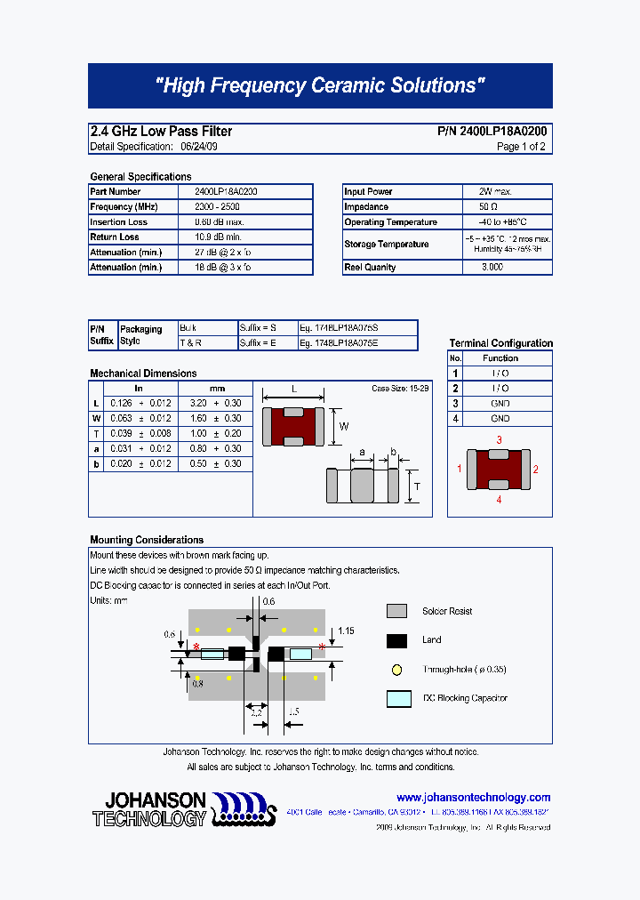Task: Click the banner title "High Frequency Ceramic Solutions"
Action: pos(320,85)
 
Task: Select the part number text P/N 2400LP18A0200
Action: pos(492,131)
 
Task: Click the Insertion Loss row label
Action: pos(119,222)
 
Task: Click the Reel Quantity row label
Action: pos(370,268)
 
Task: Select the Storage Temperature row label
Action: pos(387,245)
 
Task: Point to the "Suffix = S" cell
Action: pos(259,327)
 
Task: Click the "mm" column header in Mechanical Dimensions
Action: pos(217,389)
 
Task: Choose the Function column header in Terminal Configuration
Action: pos(500,358)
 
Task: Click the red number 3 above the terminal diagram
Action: pos(499,440)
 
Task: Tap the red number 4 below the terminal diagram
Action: pos(499,500)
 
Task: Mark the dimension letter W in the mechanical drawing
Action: pos(344,426)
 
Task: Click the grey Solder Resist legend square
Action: pos(396,611)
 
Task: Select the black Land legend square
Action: pos(396,640)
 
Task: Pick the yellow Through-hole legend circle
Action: pos(396,670)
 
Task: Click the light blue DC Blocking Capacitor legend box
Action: pos(399,699)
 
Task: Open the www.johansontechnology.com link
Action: pos(473,798)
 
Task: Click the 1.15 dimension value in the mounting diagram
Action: pos(346,631)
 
